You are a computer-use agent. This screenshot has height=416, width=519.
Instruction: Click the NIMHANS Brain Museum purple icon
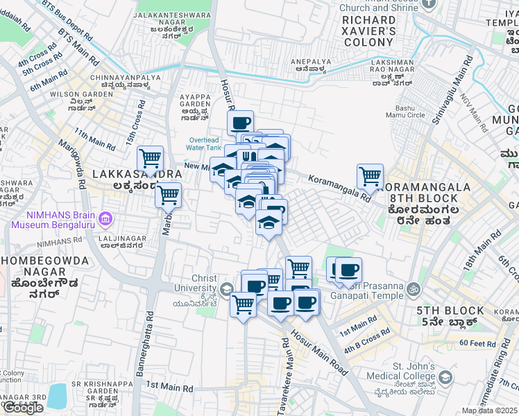[105, 220]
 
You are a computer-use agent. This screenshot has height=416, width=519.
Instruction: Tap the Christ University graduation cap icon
[226, 288]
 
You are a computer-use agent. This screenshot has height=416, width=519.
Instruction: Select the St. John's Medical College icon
[445, 378]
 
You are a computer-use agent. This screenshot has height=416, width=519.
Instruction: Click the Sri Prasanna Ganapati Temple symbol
[414, 288]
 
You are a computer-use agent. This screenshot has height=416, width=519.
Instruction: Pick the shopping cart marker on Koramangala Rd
[370, 176]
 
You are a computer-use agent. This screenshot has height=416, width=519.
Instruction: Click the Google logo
[23, 408]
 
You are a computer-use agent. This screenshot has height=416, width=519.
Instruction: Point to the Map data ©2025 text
[490, 410]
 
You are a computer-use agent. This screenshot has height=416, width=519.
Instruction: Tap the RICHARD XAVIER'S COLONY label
[368, 31]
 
